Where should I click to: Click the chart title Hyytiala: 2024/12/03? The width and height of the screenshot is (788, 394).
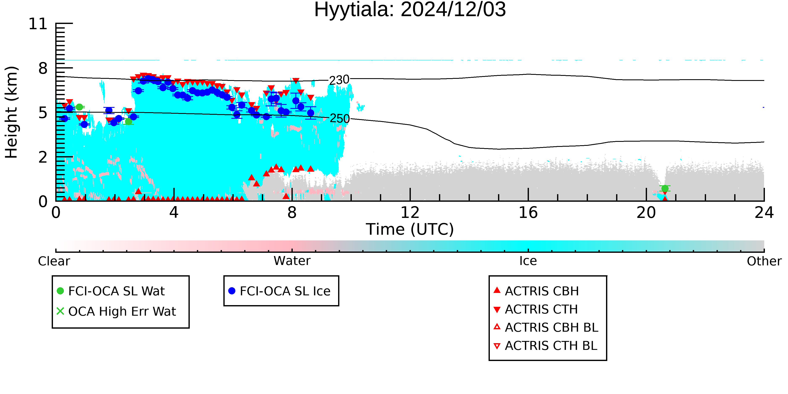tap(410, 10)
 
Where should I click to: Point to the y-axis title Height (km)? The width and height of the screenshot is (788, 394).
tap(12, 112)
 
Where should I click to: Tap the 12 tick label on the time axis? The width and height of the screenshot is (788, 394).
tap(410, 213)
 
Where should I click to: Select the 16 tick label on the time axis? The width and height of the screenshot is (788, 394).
tap(528, 213)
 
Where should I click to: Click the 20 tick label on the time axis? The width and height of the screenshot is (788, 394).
tap(646, 213)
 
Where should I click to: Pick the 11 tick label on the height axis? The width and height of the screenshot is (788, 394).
tap(38, 24)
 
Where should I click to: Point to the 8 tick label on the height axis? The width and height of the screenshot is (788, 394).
tap(43, 68)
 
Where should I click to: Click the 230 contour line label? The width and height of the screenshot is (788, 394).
tap(339, 80)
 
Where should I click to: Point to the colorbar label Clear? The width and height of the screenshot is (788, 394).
tap(54, 261)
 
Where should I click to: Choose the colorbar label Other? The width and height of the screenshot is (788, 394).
tap(764, 261)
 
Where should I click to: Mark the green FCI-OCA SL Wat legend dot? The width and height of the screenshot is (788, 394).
tap(60, 291)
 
